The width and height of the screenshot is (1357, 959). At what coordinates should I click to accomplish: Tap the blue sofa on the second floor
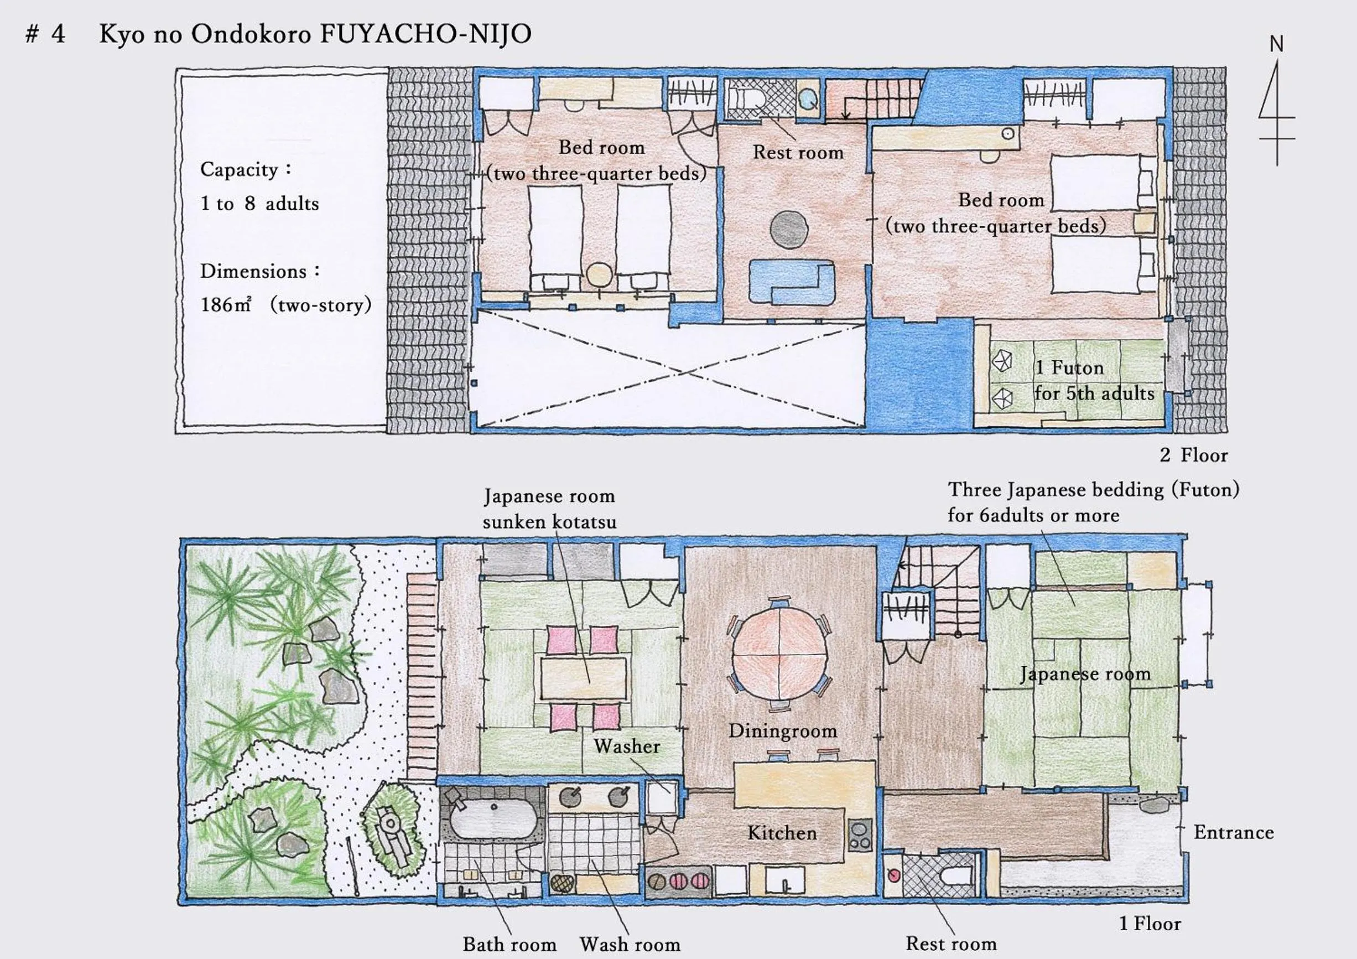tap(792, 282)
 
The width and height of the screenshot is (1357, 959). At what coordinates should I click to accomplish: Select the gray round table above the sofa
tap(789, 230)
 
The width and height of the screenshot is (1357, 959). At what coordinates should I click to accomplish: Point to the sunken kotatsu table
tap(583, 678)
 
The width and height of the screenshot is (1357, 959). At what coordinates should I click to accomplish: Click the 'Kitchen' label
tap(782, 833)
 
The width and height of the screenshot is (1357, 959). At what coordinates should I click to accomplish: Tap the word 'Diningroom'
tap(783, 731)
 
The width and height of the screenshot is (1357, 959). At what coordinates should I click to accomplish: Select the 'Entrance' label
tap(1234, 832)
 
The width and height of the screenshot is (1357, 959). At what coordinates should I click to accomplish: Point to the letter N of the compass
tap(1277, 44)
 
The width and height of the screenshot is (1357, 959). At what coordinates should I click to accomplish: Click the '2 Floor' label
tap(1193, 455)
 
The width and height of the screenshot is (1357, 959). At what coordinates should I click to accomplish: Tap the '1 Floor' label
tap(1150, 924)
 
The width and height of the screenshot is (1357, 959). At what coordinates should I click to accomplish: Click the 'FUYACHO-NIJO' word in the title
tap(425, 34)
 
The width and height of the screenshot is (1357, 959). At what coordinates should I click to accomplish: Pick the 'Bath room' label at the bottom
tap(509, 944)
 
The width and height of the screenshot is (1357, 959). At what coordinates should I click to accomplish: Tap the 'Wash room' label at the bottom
tap(630, 944)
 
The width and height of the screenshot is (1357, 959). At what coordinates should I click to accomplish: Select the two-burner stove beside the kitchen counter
tap(859, 835)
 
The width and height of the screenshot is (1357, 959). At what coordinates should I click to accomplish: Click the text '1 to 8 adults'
tap(259, 204)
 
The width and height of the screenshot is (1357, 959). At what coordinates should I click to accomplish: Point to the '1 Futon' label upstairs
tap(1069, 368)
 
